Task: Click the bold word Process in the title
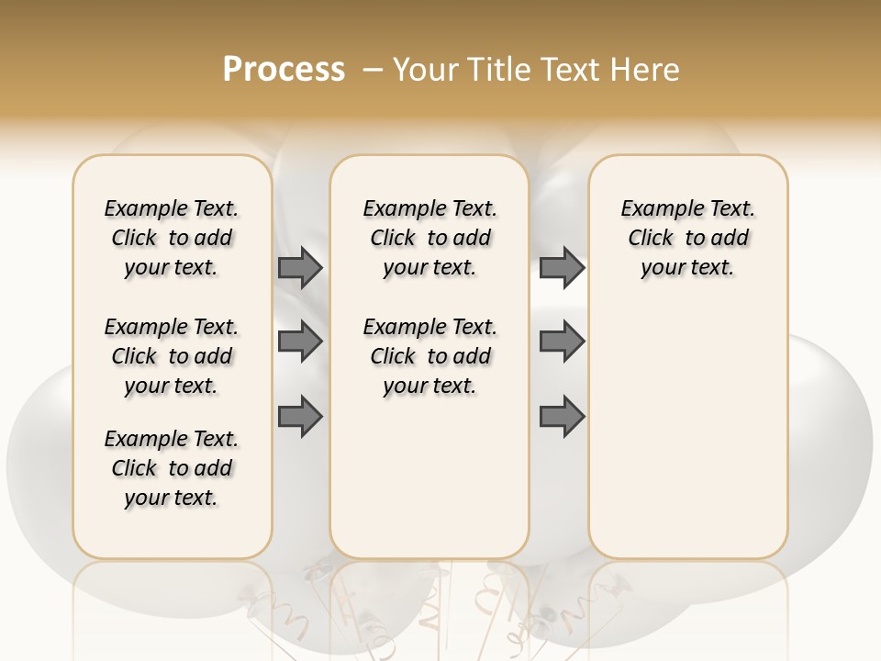[284, 70]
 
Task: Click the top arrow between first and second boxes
[300, 268]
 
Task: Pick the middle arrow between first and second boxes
[300, 342]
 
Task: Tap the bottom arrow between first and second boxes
[300, 417]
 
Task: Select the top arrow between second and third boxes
[562, 268]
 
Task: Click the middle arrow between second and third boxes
[562, 342]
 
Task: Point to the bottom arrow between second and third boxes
[562, 417]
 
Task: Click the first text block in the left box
[172, 238]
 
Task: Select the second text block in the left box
[172, 356]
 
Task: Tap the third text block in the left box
[172, 468]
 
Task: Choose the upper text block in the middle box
[429, 238]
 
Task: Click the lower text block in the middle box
[429, 356]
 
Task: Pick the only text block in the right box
[687, 238]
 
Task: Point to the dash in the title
[373, 70]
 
